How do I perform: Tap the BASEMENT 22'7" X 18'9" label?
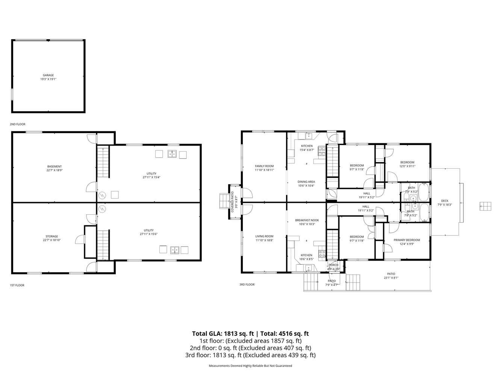click(54, 168)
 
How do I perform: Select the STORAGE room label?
click(52, 238)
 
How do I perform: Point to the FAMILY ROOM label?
click(264, 168)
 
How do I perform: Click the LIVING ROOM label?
click(264, 238)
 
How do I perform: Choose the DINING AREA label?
click(306, 183)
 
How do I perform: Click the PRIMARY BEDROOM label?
click(407, 242)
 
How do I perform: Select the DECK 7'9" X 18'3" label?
click(445, 203)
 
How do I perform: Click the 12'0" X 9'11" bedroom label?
click(407, 164)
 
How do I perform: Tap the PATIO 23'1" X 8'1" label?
click(391, 276)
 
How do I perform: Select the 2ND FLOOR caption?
click(17, 124)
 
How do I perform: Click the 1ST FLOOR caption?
click(17, 285)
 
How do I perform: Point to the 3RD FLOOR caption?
click(247, 285)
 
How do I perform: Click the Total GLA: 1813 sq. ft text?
click(223, 334)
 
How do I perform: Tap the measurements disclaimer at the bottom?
click(250, 365)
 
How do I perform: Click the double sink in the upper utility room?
click(172, 154)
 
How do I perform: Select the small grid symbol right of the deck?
click(485, 206)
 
